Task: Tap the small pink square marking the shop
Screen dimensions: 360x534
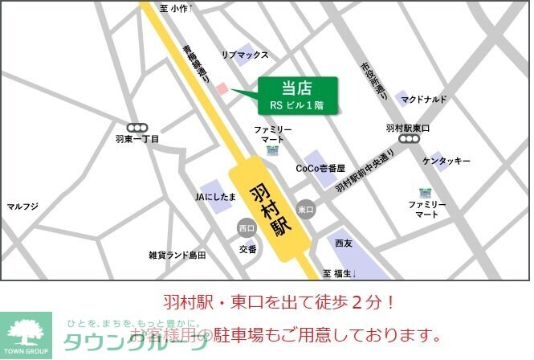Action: pos(224,88)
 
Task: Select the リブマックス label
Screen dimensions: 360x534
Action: pos(245,55)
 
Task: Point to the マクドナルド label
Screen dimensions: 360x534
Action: pos(425,99)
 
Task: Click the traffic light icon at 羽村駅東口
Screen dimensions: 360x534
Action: pos(409,139)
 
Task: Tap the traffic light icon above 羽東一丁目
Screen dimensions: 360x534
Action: pos(137,127)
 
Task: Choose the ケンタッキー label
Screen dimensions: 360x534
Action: pos(446,162)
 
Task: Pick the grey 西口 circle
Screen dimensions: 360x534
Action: pos(246,228)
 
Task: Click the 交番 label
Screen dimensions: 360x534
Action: pos(247,249)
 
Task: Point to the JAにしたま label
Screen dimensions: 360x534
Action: pos(215,195)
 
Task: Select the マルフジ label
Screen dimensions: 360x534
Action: pos(22,207)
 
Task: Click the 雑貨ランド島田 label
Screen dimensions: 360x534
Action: pos(177,255)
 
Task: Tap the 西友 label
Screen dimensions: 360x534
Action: pos(344,243)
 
